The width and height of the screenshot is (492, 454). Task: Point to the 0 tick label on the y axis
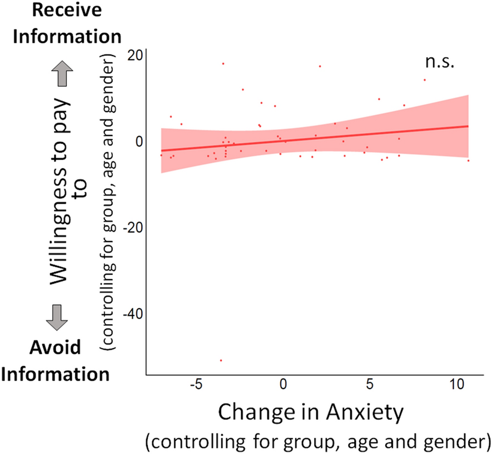tap(138, 141)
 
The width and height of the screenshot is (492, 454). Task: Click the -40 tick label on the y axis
tap(132, 314)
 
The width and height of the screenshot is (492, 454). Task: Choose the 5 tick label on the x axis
tap(370, 384)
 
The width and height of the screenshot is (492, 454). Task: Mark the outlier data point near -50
tap(221, 360)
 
